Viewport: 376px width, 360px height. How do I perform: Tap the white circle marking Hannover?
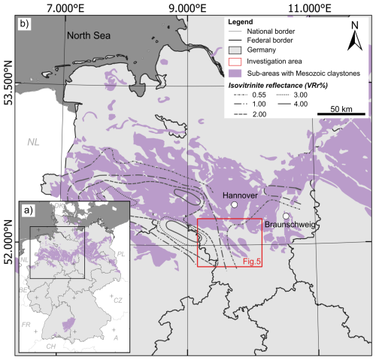[x=235, y=204]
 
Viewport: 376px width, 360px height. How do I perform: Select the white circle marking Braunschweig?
[x=286, y=216]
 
